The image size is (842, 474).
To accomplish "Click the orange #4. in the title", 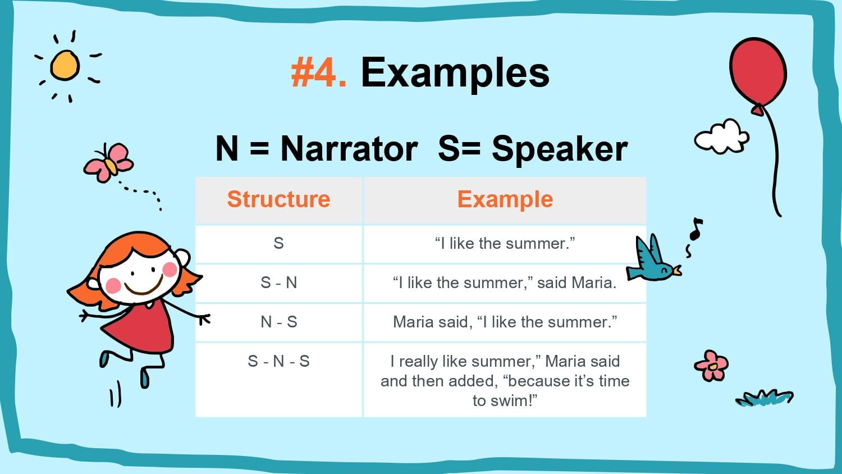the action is pos(319,72).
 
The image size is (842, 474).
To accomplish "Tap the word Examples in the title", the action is pos(455,74).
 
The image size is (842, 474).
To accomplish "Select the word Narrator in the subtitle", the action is pos(349,149).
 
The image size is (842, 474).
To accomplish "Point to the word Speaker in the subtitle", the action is pos(560,150).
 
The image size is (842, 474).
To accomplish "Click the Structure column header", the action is pos(278,199).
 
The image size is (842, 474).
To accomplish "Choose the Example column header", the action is pos(505,200).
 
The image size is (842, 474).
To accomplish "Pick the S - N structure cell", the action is pos(278,282).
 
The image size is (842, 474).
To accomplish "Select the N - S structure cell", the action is pos(278,322).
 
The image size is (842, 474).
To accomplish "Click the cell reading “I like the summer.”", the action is pos(505,243).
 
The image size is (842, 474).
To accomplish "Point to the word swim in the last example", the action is pos(509,400).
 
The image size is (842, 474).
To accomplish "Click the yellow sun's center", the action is pos(65,66).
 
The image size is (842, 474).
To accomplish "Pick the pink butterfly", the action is pos(109,162).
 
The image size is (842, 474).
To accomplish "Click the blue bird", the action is pos(653,262).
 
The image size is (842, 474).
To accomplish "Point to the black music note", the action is pos(696,229).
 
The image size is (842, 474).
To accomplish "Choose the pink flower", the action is pos(711,366).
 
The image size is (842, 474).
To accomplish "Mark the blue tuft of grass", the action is pos(765,398).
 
